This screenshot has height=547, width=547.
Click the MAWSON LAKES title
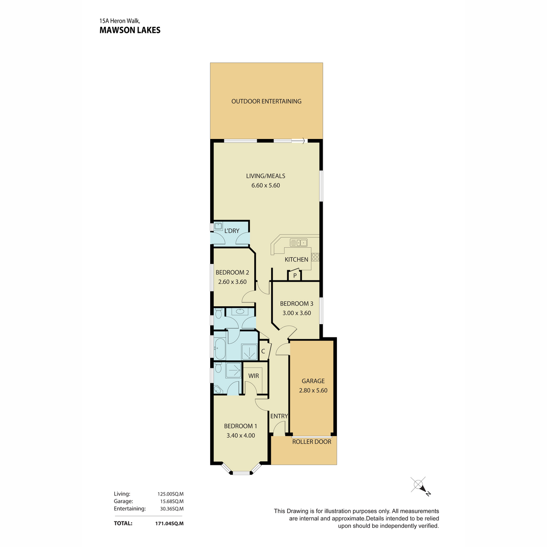pyautogui.click(x=130, y=30)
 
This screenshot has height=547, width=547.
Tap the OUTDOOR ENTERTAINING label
pyautogui.click(x=266, y=101)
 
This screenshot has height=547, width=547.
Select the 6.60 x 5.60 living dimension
pyautogui.click(x=265, y=186)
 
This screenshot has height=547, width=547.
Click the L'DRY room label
pyautogui.click(x=232, y=231)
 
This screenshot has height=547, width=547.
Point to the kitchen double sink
pyautogui.click(x=299, y=243)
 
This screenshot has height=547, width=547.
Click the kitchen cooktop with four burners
pyautogui.click(x=315, y=257)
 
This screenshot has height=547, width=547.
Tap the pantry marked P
pyautogui.click(x=294, y=275)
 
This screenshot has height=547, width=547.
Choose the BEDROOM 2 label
pyautogui.click(x=232, y=273)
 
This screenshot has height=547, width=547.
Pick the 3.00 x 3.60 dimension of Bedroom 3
pyautogui.click(x=297, y=313)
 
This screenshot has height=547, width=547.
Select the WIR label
pyautogui.click(x=253, y=376)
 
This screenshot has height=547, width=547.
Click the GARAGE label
pyautogui.click(x=313, y=381)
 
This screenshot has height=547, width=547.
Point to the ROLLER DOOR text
pyautogui.click(x=312, y=442)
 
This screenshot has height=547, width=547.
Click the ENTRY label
pyautogui.click(x=279, y=416)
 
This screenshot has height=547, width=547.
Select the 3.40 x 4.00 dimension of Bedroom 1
pyautogui.click(x=241, y=435)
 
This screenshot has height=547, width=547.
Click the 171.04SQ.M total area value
pyautogui.click(x=169, y=523)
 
